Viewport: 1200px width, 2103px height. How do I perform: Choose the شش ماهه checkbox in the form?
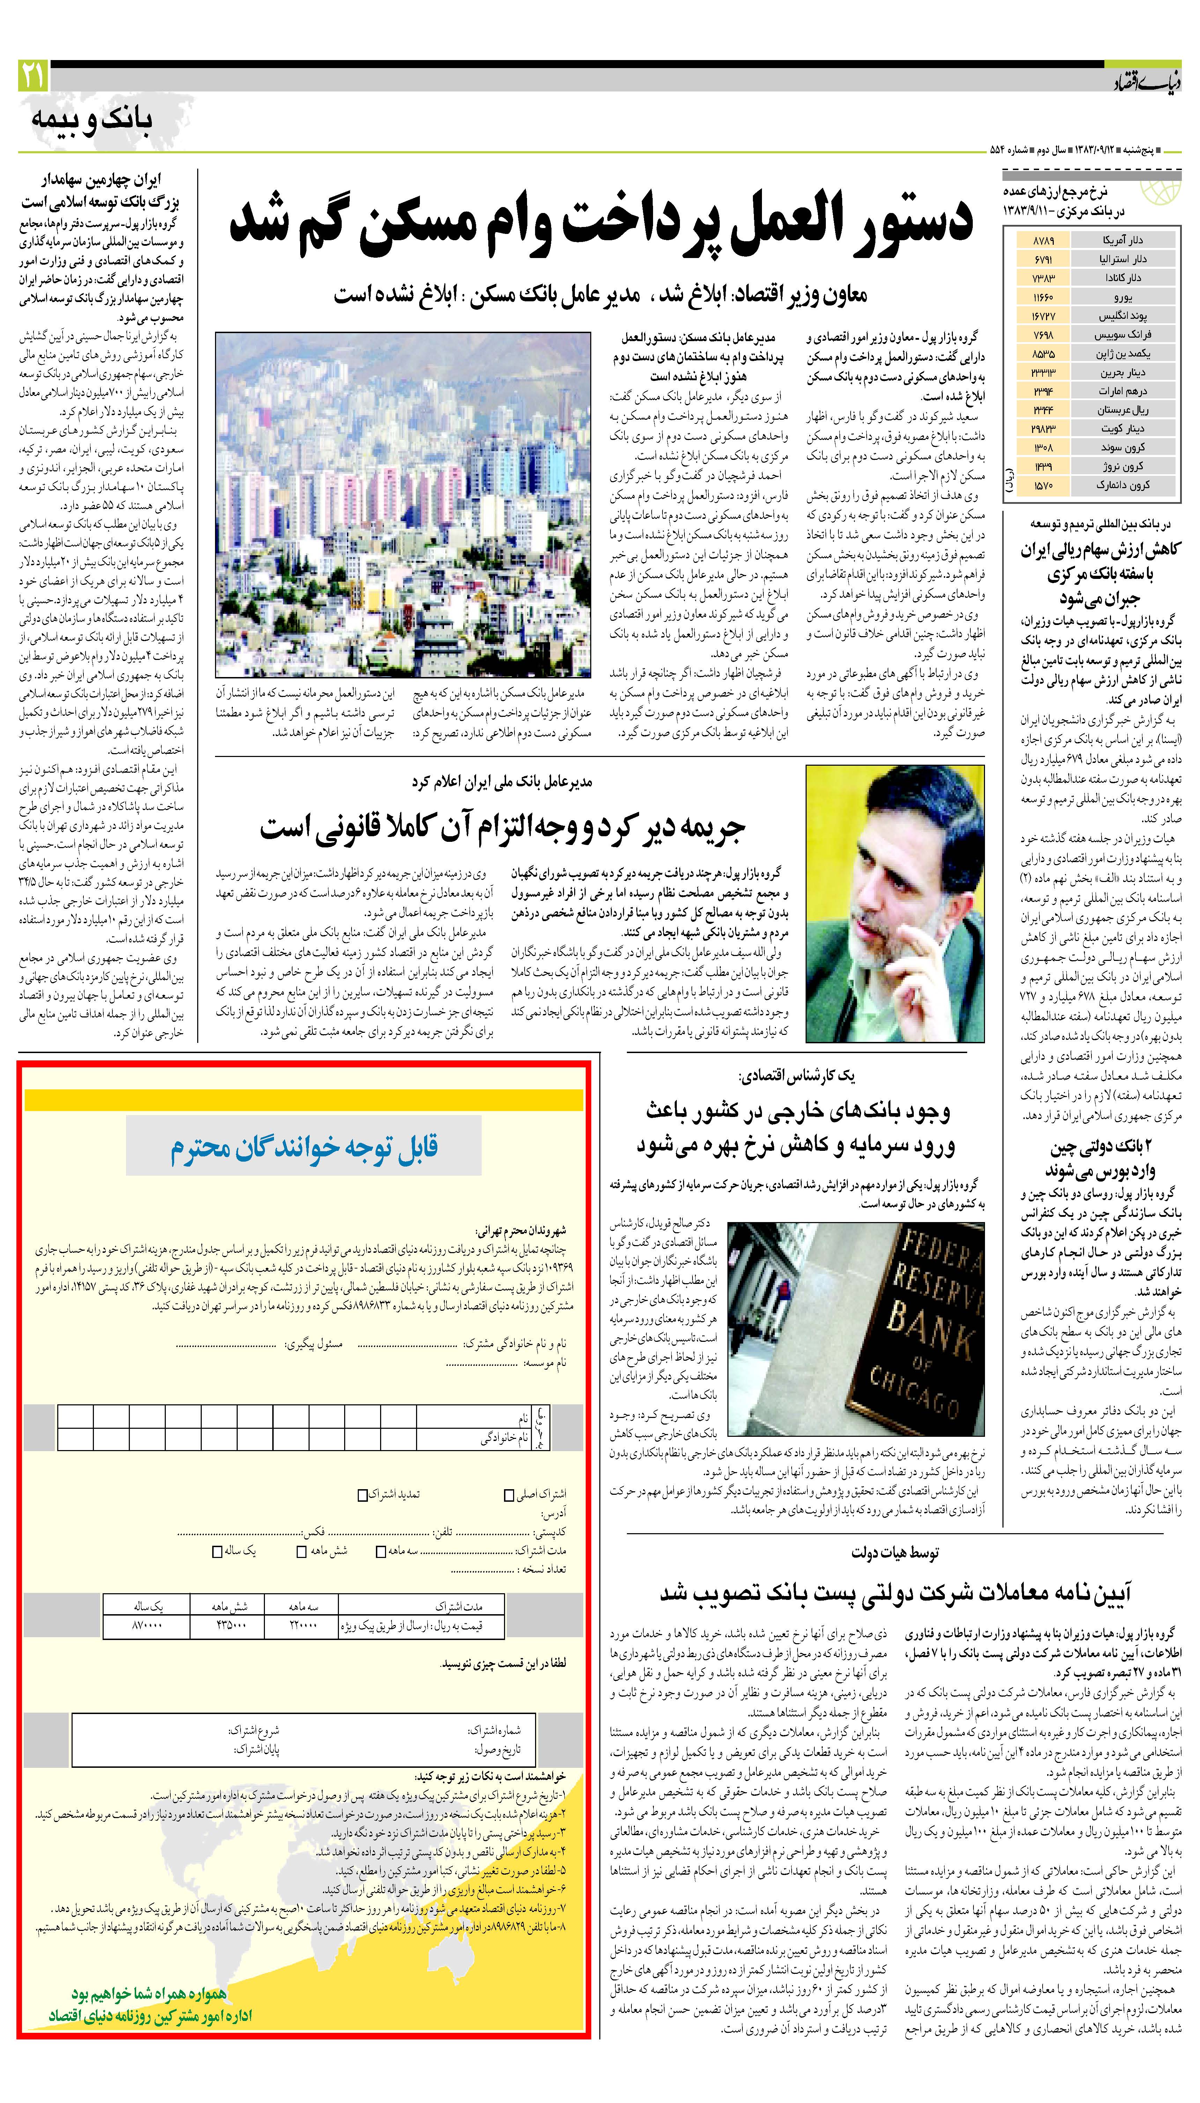click(302, 1551)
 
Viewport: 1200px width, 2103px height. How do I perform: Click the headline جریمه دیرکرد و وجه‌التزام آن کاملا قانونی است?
click(503, 827)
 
